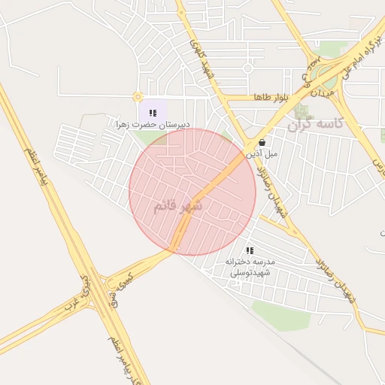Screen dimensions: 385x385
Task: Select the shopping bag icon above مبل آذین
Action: tap(261, 142)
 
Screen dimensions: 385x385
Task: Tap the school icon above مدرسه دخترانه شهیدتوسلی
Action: tap(250, 250)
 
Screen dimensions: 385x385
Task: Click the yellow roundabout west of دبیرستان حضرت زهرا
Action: tap(138, 96)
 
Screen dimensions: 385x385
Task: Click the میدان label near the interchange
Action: tap(322, 92)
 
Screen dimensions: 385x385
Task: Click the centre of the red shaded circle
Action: tap(192, 192)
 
